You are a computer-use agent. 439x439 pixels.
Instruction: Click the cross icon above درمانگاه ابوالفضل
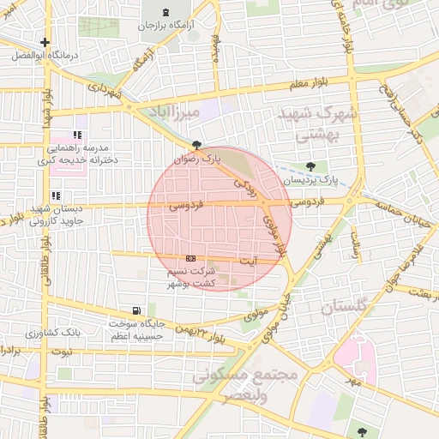45,42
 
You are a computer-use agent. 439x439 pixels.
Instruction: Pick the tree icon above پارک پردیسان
310,166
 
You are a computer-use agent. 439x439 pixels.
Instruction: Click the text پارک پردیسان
312,180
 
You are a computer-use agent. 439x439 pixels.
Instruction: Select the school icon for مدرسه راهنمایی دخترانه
78,135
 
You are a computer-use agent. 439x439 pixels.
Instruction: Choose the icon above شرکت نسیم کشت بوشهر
190,258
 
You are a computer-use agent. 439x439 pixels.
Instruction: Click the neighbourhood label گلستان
342,306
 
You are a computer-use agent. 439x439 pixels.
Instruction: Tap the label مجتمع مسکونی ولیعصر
245,386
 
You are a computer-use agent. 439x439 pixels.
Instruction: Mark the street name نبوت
62,352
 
